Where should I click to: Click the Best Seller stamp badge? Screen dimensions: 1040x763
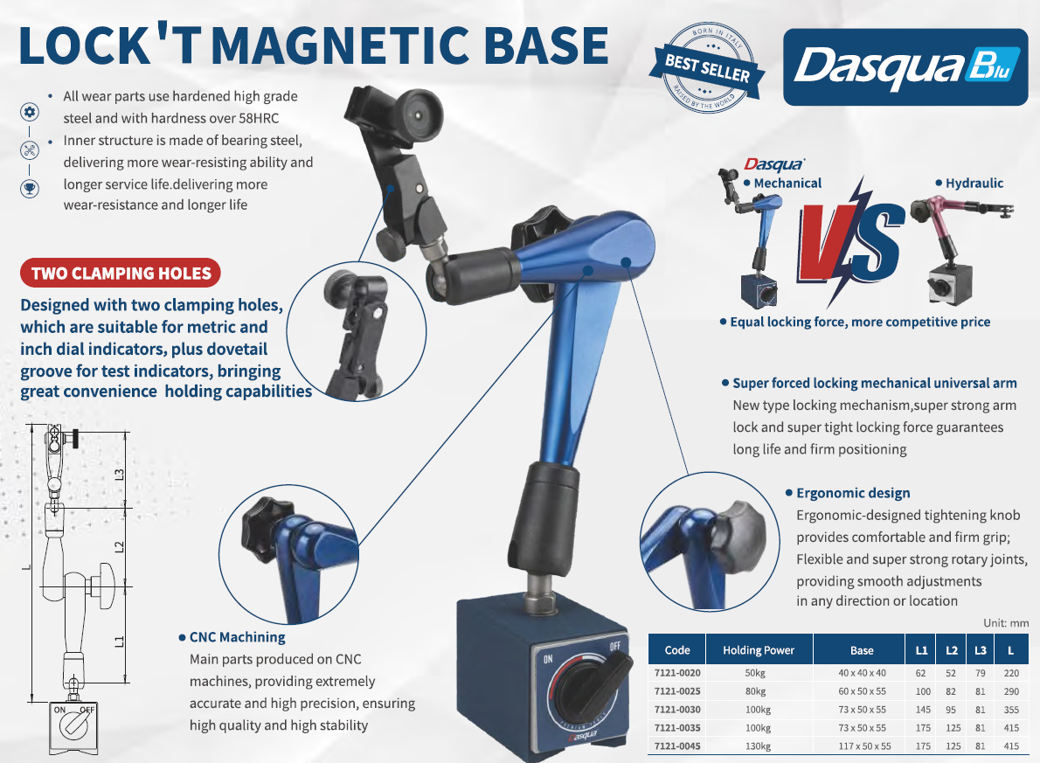(708, 68)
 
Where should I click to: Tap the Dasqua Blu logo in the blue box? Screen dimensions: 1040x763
(905, 67)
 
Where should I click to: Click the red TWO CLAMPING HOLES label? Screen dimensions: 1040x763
(121, 274)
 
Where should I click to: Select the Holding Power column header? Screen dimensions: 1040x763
(759, 650)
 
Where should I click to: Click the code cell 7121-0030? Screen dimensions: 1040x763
(677, 710)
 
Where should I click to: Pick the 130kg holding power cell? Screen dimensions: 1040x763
(758, 746)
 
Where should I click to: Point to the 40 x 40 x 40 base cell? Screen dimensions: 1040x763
(862, 673)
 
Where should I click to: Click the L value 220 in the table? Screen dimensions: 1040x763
(1011, 673)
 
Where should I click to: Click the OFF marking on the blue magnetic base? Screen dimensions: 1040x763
(615, 646)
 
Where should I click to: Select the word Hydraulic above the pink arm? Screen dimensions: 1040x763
(974, 184)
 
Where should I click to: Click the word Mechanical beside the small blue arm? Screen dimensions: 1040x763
(787, 184)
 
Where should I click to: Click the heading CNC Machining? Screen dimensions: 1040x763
(238, 637)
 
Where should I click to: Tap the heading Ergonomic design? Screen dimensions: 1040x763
(853, 493)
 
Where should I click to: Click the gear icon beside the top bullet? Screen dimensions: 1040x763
(29, 112)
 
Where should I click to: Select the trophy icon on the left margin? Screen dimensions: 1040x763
(29, 189)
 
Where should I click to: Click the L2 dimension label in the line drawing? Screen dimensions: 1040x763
(120, 547)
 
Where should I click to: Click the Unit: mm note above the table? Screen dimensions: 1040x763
(1006, 623)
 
